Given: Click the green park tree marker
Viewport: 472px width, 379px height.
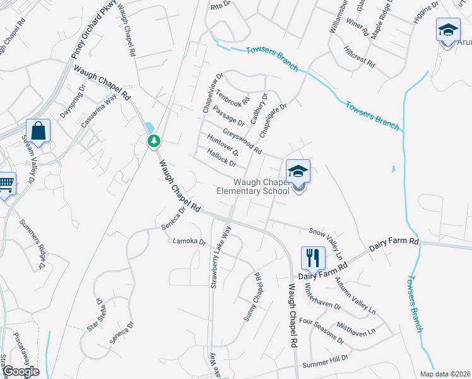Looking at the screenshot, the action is point(153,141).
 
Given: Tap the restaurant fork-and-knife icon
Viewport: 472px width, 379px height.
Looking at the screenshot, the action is point(313,257).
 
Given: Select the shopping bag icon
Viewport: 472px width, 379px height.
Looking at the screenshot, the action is point(38,131).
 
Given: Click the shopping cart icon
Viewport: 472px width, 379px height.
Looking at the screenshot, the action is point(6,184).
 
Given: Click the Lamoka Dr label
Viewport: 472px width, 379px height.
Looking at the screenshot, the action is point(190,241).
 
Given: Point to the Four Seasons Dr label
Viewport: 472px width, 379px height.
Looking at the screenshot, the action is point(321,330).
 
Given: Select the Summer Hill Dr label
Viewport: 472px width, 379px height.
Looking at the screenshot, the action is point(325,361).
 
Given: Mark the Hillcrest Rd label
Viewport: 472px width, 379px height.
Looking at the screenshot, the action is point(360,57).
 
